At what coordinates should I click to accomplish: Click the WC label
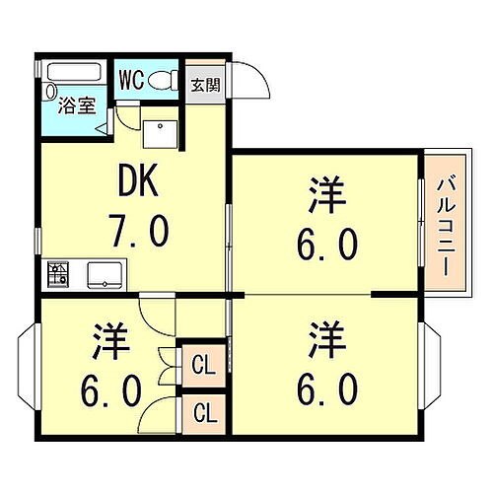pos(132,80)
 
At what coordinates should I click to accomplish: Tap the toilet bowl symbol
pos(168,80)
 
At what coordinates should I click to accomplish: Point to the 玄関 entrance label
pos(206,85)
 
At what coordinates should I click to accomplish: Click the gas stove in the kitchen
pos(56,273)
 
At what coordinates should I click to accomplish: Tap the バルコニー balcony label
pos(442,223)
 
